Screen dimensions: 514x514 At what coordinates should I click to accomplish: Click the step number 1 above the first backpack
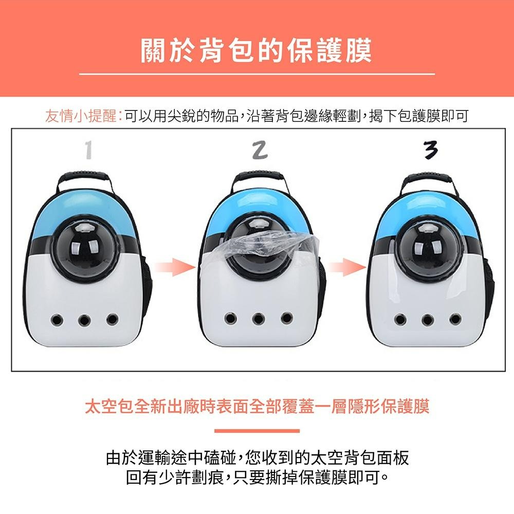pyautogui.click(x=88, y=150)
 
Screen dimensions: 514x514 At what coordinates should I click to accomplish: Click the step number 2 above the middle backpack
pyautogui.click(x=260, y=150)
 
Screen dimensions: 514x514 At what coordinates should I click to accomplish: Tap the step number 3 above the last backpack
pyautogui.click(x=430, y=150)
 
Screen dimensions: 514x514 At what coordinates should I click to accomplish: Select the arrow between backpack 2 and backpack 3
pyautogui.click(x=346, y=267)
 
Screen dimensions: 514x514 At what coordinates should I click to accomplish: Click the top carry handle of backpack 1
pyautogui.click(x=83, y=179)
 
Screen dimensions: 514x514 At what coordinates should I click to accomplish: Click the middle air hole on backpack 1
pyautogui.click(x=84, y=319)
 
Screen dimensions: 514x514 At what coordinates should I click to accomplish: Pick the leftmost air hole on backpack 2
pyautogui.click(x=231, y=318)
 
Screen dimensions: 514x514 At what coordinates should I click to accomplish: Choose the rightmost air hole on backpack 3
pyautogui.click(x=455, y=318)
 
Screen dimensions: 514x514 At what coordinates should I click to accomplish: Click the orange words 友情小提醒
pyautogui.click(x=81, y=116)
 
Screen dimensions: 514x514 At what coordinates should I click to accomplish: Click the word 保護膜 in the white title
pyautogui.click(x=329, y=50)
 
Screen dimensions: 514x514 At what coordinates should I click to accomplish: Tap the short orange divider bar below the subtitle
pyautogui.click(x=257, y=430)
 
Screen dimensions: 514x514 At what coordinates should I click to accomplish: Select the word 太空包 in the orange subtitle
pyautogui.click(x=109, y=407)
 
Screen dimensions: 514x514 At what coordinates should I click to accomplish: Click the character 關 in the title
pyautogui.click(x=153, y=50)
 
